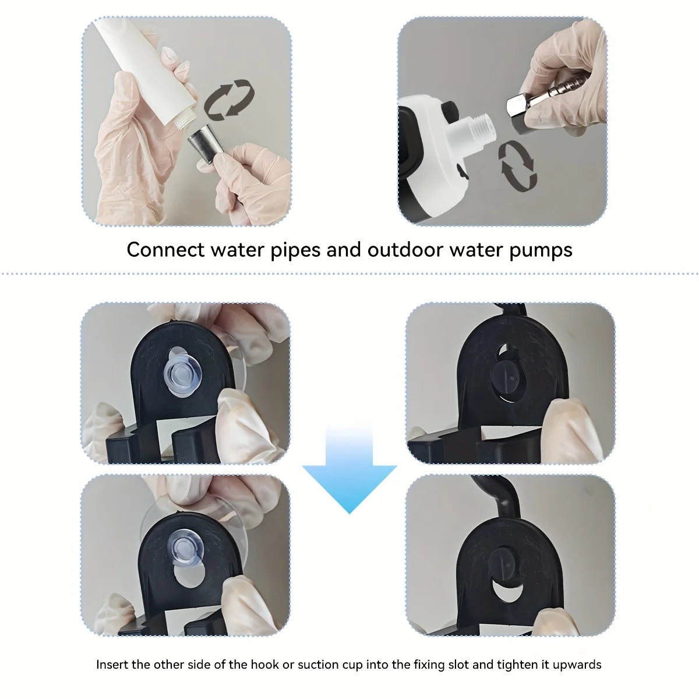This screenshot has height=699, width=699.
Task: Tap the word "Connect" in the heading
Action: (165, 250)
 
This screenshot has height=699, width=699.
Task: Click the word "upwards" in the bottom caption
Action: (579, 664)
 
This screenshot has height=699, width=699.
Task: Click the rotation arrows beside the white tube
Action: (231, 99)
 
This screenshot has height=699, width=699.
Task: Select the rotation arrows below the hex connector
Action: (517, 164)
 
